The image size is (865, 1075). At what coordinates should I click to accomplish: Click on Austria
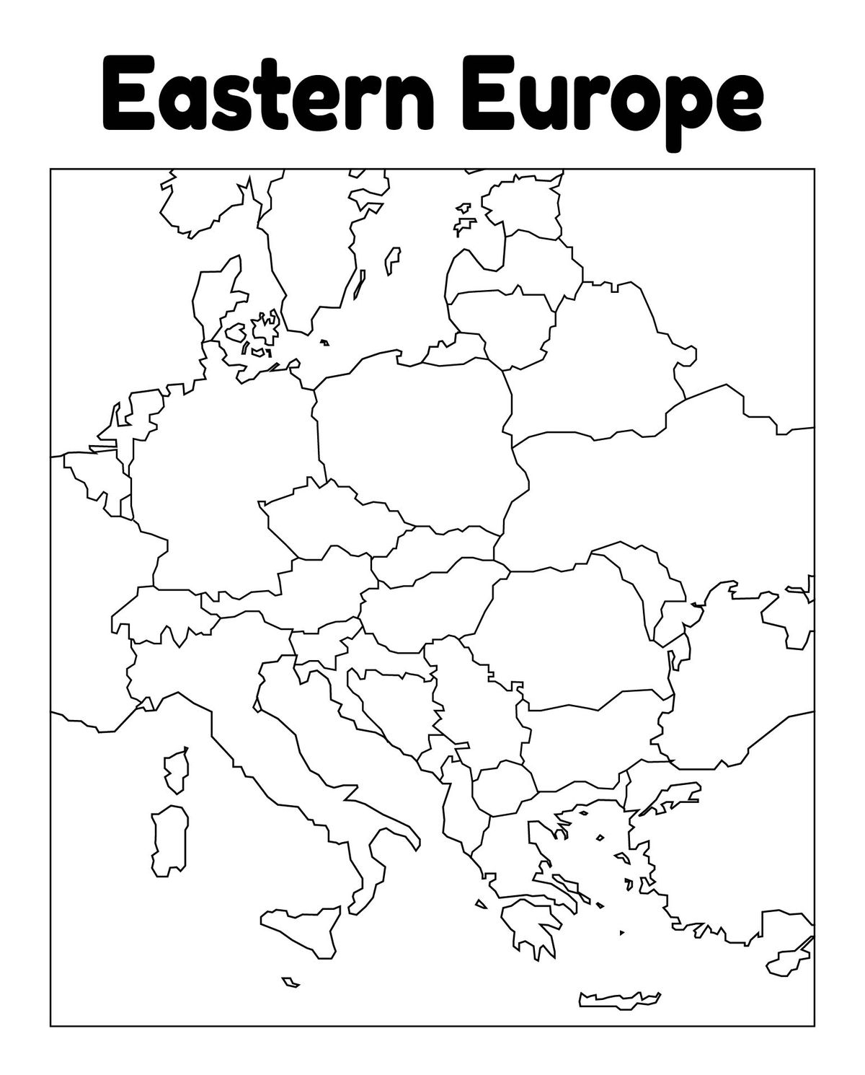coord(317,584)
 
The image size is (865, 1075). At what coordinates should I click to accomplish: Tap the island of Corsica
coord(177,768)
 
